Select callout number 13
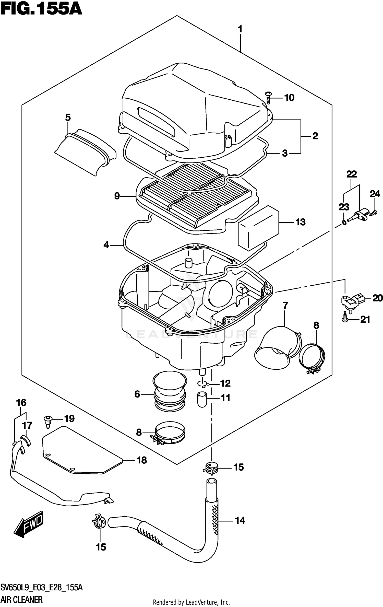[x=300, y=222]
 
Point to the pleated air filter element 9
[x=197, y=197]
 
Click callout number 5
[x=68, y=118]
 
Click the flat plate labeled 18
[x=82, y=450]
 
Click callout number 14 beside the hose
[x=240, y=520]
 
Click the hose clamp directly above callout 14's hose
[x=211, y=468]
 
